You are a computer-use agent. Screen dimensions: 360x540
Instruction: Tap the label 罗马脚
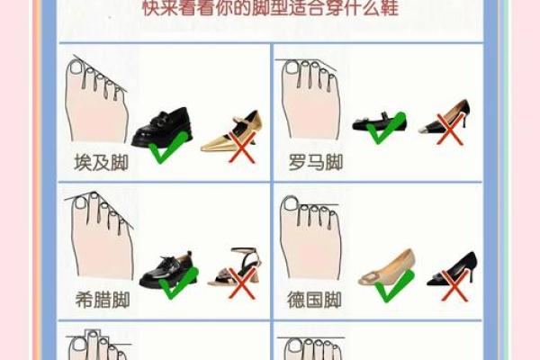pos(315,164)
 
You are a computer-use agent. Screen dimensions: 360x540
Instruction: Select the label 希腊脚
pos(102,300)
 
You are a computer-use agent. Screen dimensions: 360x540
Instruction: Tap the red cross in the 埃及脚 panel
pos(239,148)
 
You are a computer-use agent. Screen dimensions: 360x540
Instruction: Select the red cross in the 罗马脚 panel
pos(449,125)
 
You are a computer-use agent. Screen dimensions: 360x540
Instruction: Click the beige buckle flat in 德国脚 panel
pos(387,269)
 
